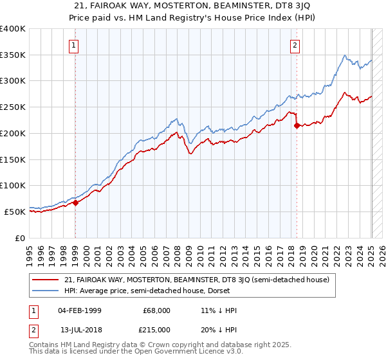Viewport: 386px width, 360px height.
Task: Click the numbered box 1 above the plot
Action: click(75, 45)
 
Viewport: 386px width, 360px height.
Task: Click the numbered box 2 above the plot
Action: click(295, 45)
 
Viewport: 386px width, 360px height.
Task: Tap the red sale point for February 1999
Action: click(75, 202)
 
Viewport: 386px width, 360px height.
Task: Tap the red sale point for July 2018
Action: click(297, 125)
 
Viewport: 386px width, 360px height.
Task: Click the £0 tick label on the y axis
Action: click(21, 238)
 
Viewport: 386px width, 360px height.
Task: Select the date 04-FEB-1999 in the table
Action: click(78, 310)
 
